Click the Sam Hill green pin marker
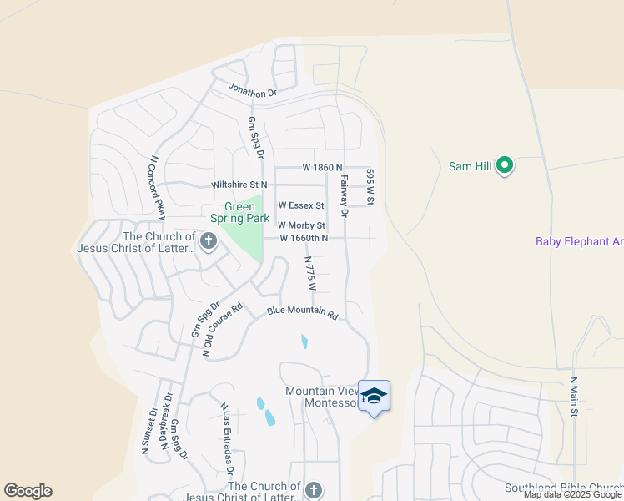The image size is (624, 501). tap(504, 166)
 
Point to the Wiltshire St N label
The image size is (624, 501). tap(239, 184)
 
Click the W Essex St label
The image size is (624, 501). tap(300, 205)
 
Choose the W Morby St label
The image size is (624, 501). tap(300, 225)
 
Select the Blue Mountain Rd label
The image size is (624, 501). tap(302, 313)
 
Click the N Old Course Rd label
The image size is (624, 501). tap(223, 330)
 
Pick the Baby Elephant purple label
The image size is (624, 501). tap(579, 242)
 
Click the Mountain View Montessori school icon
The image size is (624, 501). tap(374, 396)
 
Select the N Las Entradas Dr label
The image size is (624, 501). tap(226, 438)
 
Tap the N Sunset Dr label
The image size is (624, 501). tap(148, 430)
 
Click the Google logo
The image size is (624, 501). tap(28, 491)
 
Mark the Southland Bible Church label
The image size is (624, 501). tap(564, 488)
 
